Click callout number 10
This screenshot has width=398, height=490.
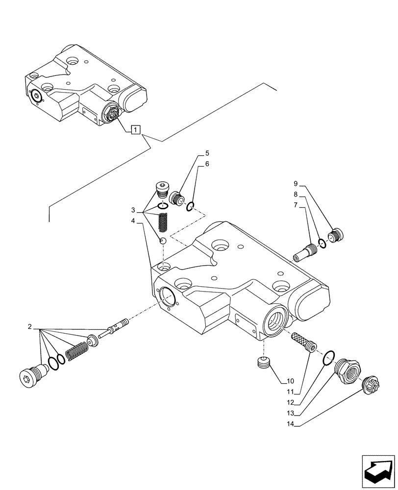tap(290, 380)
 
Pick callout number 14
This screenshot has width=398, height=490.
tap(290, 425)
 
